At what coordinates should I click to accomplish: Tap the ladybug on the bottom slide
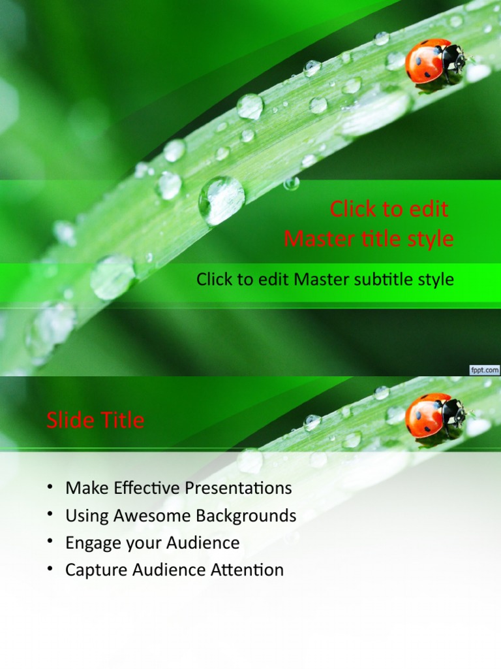pos(434,416)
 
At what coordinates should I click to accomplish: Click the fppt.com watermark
pos(484,370)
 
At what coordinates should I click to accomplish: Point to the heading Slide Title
pos(95,420)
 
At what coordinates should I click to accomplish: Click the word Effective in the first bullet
pos(140,488)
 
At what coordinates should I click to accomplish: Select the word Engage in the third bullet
pos(92,543)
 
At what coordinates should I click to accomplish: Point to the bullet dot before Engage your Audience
pos(50,542)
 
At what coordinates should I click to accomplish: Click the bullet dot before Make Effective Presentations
pos(50,487)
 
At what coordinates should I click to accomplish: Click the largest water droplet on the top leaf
pos(222,200)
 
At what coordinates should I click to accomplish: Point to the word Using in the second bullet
pos(87,515)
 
